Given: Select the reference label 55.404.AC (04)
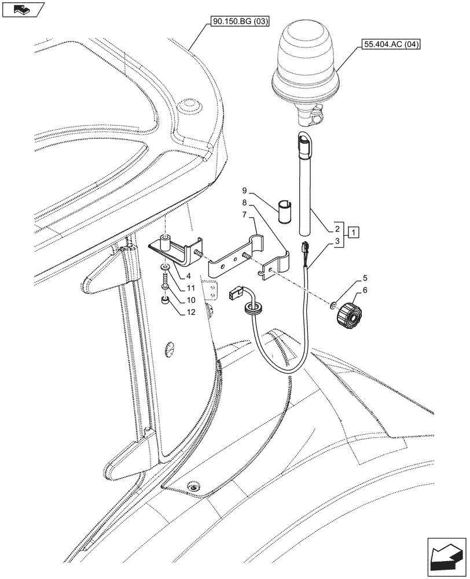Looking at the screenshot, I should coord(387,43).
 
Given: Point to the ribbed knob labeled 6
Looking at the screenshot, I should coord(348,316).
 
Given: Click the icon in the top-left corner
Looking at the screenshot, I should coord(23,10).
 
